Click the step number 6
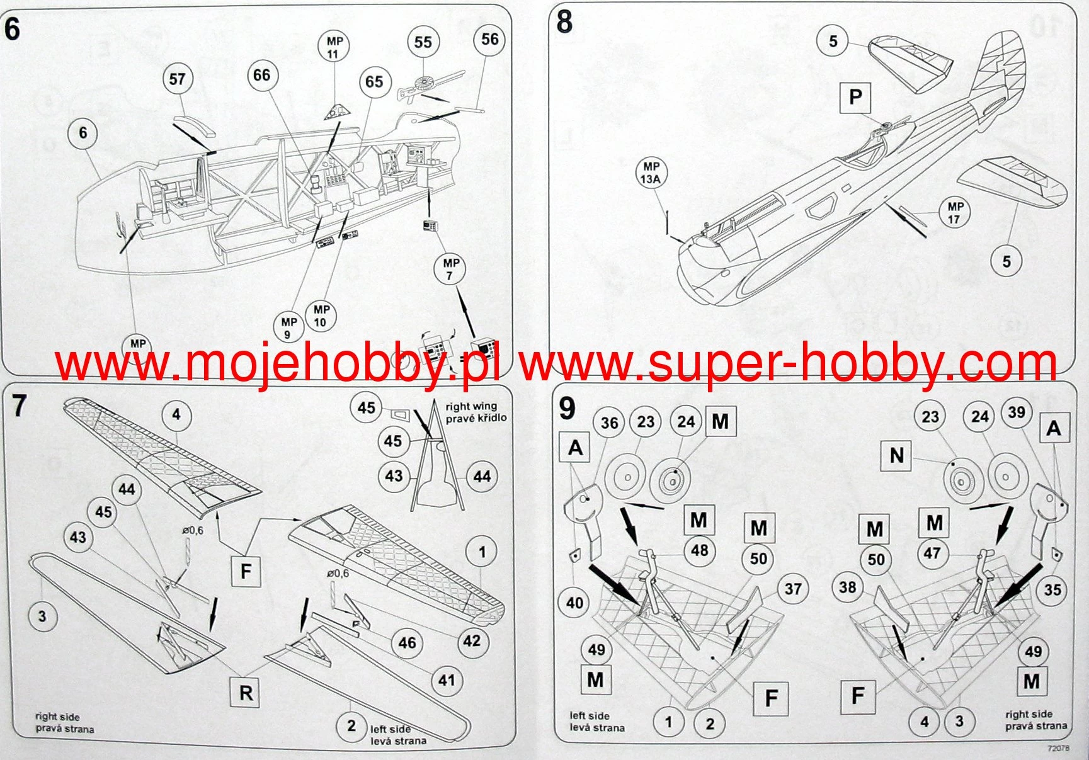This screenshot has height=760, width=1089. pyautogui.click(x=13, y=30)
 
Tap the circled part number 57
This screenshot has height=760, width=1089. pyautogui.click(x=177, y=79)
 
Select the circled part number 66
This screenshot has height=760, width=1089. pyautogui.click(x=261, y=76)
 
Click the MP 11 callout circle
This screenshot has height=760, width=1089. pyautogui.click(x=334, y=47)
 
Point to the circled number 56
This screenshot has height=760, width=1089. pyautogui.click(x=489, y=40)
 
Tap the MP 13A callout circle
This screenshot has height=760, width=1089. pyautogui.click(x=651, y=173)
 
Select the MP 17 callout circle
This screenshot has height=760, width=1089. pyautogui.click(x=955, y=213)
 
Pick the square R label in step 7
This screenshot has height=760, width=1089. pyautogui.click(x=246, y=693)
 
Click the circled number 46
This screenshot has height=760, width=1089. pyautogui.click(x=407, y=643)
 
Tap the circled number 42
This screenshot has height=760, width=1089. pyautogui.click(x=472, y=641)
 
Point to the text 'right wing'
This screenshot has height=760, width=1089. pyautogui.click(x=471, y=407)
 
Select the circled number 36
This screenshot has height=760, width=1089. pyautogui.click(x=609, y=423)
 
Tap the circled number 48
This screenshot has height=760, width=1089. pyautogui.click(x=700, y=550)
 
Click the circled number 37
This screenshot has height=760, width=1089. pyautogui.click(x=792, y=589)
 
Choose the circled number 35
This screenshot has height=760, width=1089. pyautogui.click(x=1052, y=590)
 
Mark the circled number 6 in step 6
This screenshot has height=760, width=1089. pyautogui.click(x=83, y=133)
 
